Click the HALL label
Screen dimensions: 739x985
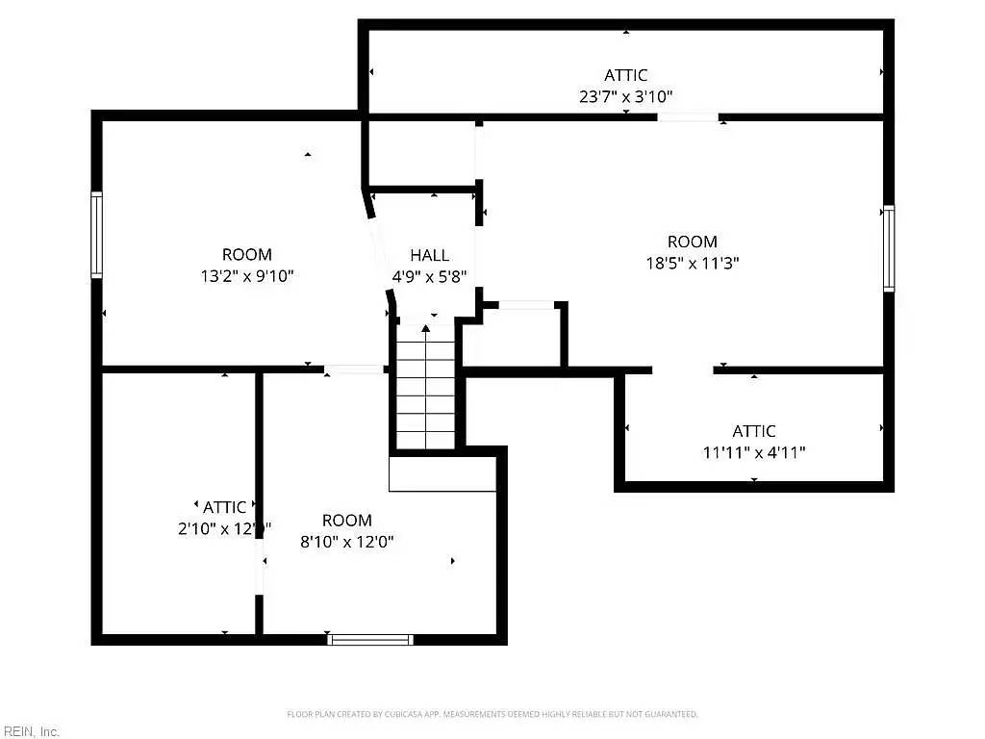[429, 255]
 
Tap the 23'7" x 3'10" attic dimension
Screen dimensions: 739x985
[626, 96]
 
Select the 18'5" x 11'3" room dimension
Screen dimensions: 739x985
[693, 263]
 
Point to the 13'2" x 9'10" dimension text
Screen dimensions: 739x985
[247, 276]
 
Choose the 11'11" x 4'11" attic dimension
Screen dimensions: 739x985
[754, 452]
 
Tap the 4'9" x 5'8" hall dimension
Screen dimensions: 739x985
[429, 276]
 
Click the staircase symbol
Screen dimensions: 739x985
[425, 390]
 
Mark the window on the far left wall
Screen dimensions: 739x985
[97, 235]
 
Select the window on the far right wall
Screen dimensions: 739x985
[889, 248]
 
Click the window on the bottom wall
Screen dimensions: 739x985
[370, 639]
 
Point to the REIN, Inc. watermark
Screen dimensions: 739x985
[31, 731]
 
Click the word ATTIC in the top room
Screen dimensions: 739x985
[626, 75]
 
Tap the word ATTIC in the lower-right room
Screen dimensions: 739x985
[754, 431]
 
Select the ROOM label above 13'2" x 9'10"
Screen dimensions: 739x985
[247, 255]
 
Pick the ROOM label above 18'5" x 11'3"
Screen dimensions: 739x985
[693, 242]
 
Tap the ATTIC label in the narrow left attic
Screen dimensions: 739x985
[224, 506]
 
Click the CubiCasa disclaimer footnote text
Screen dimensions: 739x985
[492, 714]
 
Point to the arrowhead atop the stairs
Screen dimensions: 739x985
[425, 329]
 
